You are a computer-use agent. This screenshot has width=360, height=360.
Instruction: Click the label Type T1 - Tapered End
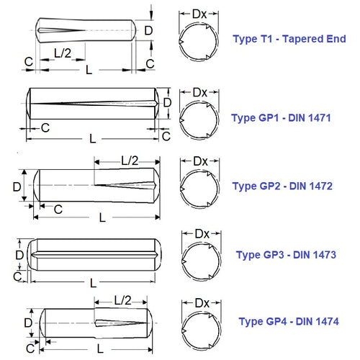pyautogui.click(x=289, y=39)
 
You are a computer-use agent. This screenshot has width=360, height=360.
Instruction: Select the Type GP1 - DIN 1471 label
pyautogui.click(x=281, y=117)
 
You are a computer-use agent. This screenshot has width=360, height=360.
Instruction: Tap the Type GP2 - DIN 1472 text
pyautogui.click(x=282, y=186)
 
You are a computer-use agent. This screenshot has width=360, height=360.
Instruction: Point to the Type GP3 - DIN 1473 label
pyautogui.click(x=286, y=254)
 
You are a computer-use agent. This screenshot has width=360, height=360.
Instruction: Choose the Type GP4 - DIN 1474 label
pyautogui.click(x=289, y=321)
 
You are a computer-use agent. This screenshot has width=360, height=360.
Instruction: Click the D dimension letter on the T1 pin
pyautogui.click(x=148, y=31)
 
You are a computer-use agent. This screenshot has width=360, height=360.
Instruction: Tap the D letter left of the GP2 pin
pyautogui.click(x=17, y=186)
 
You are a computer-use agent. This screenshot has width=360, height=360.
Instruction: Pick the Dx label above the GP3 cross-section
pyautogui.click(x=202, y=233)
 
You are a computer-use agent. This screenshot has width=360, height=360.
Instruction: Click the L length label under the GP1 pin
pyautogui.click(x=92, y=137)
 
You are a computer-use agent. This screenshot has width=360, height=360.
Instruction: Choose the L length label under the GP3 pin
pyautogui.click(x=92, y=283)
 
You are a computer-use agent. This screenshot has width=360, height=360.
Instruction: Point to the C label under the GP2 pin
pyautogui.click(x=58, y=209)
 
